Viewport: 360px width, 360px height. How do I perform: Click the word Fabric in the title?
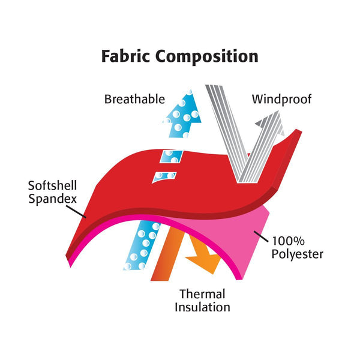125,56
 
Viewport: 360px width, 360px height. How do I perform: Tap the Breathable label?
134,99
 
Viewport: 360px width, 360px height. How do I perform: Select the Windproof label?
281,100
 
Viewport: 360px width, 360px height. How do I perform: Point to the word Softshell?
52,185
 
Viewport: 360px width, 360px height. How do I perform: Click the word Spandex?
52,199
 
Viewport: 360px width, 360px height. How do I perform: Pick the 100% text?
288,241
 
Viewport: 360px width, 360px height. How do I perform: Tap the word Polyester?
298,254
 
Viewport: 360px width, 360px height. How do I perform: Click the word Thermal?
202,294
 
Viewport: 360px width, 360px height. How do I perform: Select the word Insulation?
202,307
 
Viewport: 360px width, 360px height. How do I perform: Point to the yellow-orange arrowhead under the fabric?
206,262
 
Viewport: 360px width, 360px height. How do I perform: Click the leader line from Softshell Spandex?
76,211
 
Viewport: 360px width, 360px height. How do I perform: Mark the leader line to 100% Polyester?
261,237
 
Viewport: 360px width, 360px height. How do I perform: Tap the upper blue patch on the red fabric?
171,157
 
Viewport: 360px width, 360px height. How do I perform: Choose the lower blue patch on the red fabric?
164,177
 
